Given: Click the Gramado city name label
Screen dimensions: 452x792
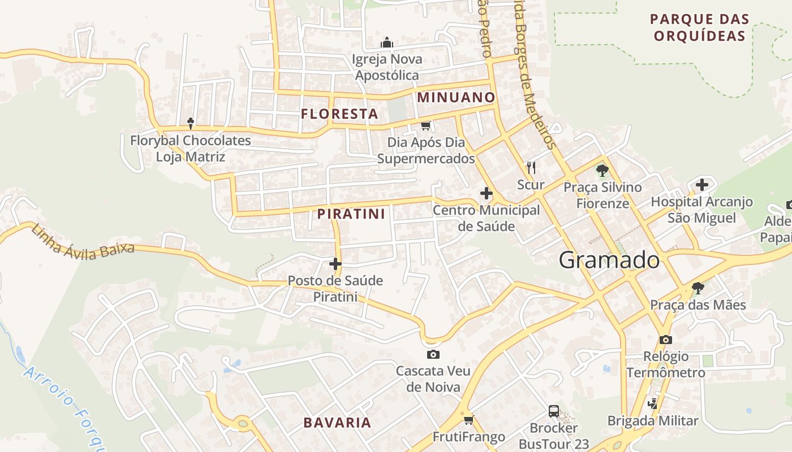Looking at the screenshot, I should click(x=609, y=260).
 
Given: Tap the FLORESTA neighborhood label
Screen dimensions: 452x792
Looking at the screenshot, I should click(x=339, y=114).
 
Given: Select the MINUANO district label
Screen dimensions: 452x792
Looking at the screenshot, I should click(x=456, y=97).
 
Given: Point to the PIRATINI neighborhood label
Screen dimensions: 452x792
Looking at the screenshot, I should click(x=351, y=214).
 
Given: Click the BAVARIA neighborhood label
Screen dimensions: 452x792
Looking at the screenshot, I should click(x=337, y=422).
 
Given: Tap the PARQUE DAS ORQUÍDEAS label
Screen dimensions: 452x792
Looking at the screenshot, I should click(x=699, y=27).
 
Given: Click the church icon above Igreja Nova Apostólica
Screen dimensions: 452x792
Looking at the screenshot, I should click(x=387, y=42).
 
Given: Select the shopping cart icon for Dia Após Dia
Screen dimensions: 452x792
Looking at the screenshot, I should click(x=426, y=125).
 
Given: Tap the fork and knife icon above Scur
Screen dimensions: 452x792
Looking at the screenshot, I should click(x=531, y=167).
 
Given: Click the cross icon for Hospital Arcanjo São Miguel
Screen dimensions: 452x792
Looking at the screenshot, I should click(x=701, y=184).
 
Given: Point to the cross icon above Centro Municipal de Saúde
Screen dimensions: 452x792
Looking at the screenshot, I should click(x=486, y=194).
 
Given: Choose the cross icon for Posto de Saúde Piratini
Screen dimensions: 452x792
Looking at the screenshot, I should click(x=335, y=263).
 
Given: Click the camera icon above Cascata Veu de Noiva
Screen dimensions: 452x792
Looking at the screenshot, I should click(x=433, y=354).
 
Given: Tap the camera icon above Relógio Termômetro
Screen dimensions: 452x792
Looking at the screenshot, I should click(x=665, y=340).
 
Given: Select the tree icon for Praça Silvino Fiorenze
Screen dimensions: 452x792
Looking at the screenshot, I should click(x=602, y=170).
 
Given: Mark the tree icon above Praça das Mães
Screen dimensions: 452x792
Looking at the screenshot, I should click(x=698, y=288).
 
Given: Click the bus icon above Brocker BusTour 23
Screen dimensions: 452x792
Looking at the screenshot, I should click(x=554, y=411).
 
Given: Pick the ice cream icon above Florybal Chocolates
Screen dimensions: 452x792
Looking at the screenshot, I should click(x=191, y=123).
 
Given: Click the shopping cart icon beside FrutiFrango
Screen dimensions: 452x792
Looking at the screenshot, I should click(x=468, y=419).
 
